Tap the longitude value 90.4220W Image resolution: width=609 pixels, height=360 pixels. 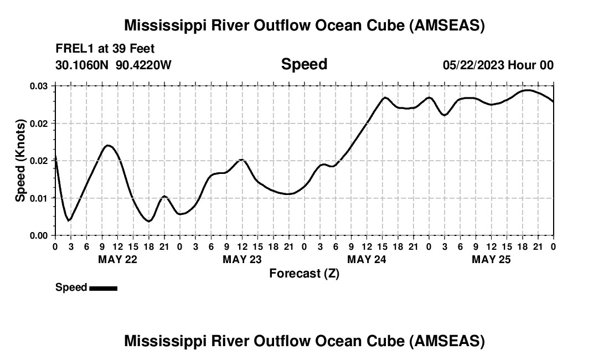point(144,65)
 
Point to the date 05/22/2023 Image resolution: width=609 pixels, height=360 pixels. point(473,65)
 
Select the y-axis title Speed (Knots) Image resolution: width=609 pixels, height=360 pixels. point(20,160)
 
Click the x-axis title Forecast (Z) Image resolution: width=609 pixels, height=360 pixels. point(304,273)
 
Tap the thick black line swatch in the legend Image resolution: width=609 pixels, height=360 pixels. point(103,288)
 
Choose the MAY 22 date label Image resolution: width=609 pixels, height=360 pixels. point(117,259)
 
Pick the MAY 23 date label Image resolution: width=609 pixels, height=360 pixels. point(242,259)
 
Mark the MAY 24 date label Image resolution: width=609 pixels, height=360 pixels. point(367,259)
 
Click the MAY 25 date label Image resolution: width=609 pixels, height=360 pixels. point(491,259)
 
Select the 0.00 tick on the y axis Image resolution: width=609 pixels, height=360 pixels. point(39,235)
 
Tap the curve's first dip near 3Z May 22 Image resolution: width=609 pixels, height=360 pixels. point(69,220)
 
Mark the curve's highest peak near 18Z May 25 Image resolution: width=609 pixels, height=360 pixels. point(528,90)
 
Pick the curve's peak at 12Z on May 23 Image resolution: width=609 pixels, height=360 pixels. point(241,160)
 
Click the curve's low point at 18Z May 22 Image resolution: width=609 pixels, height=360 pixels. point(149,221)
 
